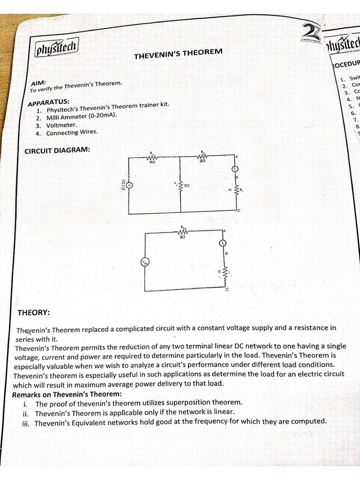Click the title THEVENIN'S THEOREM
[x=178, y=53]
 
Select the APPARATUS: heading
[x=49, y=102]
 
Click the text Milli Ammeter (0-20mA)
[x=81, y=117]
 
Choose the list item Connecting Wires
[x=72, y=133]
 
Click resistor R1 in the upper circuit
[x=152, y=158]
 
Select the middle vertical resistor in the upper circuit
[x=180, y=186]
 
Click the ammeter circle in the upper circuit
[x=235, y=169]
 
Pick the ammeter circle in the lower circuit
[x=223, y=243]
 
